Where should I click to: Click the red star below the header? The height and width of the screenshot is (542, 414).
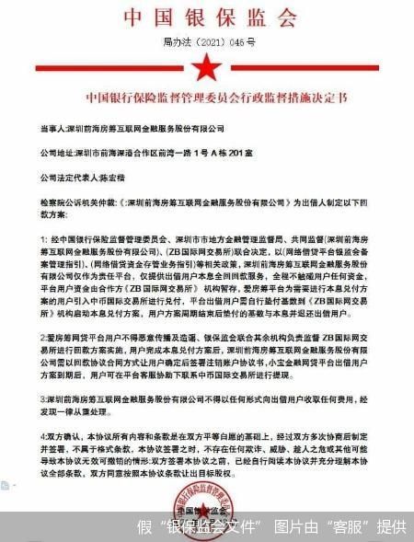[x=207, y=67]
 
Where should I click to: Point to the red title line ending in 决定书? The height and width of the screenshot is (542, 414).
[x=206, y=96]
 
